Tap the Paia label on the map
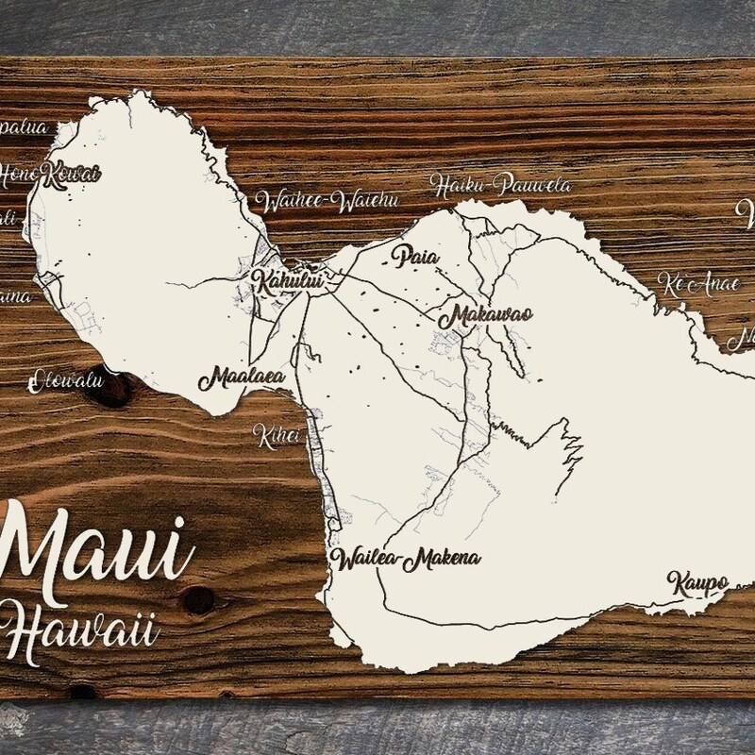pos(416,255)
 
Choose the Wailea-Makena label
pos(405,558)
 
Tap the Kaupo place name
pos(697,582)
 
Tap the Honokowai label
pos(50,172)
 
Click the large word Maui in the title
pos(94,548)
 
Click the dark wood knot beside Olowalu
pos(111,389)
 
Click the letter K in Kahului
pos(258,279)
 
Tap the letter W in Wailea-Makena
pos(342,558)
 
